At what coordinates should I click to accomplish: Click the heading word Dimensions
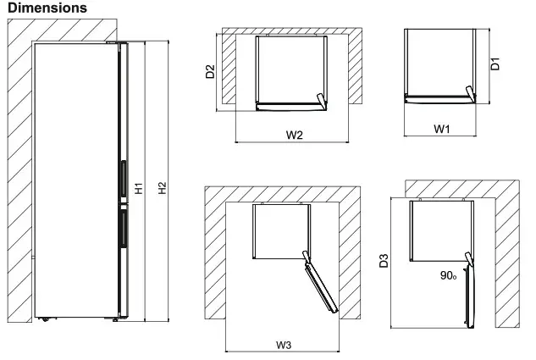[47, 8]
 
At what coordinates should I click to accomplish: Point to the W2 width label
[294, 135]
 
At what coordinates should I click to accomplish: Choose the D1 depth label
[497, 63]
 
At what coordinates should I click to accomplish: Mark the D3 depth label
[384, 261]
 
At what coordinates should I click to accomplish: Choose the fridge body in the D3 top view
[438, 229]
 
